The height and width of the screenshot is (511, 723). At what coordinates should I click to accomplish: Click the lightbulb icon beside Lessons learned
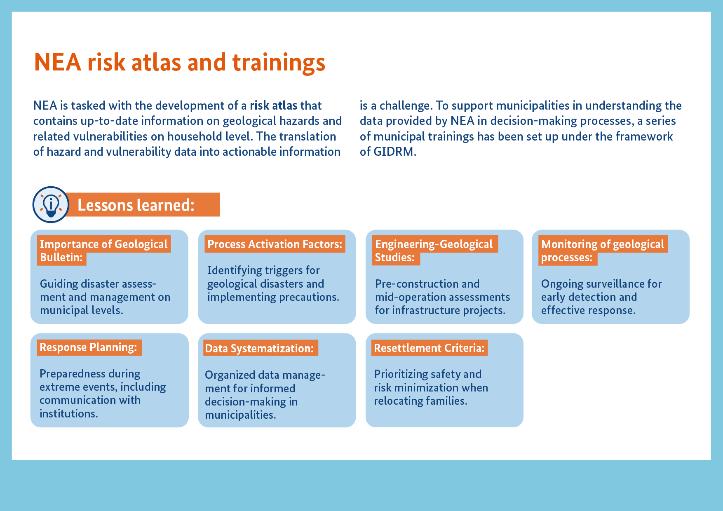[51, 204]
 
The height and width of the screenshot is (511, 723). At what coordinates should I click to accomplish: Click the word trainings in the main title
[279, 63]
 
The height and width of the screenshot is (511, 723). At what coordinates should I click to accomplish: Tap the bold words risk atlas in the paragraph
[274, 105]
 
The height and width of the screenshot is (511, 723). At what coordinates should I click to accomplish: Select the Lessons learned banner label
[136, 205]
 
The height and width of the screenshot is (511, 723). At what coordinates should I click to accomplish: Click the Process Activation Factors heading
[275, 244]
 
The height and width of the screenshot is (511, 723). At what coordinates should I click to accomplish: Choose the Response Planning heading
[88, 347]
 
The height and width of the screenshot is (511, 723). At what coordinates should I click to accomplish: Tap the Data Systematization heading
[259, 348]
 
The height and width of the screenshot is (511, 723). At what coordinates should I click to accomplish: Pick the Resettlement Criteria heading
[429, 348]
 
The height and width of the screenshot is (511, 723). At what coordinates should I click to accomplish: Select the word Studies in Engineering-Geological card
[395, 258]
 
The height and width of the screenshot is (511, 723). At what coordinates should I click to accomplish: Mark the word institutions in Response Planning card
[69, 413]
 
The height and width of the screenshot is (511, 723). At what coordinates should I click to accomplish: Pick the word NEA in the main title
[57, 63]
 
